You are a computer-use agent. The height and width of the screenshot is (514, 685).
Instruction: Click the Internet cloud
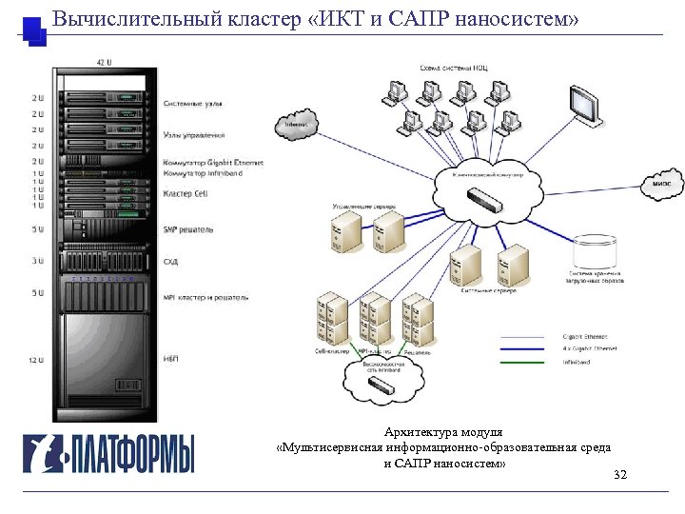296,125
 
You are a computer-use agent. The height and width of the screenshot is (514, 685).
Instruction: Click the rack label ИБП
172,358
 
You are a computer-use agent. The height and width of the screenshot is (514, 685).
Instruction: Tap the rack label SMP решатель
188,229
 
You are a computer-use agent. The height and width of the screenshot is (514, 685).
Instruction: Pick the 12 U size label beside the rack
37,360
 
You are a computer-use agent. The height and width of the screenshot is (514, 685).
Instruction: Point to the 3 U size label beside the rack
37,260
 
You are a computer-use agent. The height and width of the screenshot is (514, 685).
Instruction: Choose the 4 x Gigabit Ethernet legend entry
591,349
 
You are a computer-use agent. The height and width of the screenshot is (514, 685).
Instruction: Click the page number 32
620,475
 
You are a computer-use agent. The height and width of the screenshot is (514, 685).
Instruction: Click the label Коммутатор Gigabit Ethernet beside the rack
213,163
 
